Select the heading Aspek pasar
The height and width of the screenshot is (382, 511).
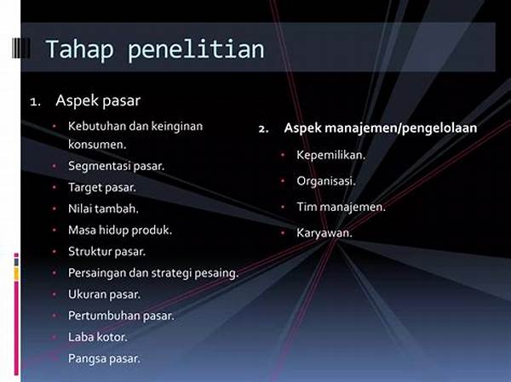tap(98, 100)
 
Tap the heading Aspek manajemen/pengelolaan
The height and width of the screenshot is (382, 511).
tap(380, 128)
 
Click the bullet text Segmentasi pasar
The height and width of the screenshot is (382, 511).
tap(117, 165)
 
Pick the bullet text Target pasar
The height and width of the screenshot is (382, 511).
tap(102, 186)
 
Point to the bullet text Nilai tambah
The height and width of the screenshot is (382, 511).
tap(103, 208)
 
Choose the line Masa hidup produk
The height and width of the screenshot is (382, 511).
tap(120, 230)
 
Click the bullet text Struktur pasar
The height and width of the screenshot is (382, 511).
tap(107, 251)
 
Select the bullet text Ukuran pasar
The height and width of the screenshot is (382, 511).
tap(104, 294)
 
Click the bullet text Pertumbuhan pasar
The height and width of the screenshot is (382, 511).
tap(121, 316)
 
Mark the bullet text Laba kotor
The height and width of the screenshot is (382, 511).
tap(98, 337)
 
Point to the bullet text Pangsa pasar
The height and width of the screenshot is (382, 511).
tap(104, 358)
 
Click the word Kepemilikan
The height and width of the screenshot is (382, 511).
tap(330, 155)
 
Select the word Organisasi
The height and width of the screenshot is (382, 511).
tap(326, 180)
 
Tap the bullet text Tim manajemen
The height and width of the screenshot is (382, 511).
tap(341, 206)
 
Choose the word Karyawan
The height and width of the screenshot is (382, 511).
tap(324, 231)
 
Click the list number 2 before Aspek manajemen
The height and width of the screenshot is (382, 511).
tap(263, 128)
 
